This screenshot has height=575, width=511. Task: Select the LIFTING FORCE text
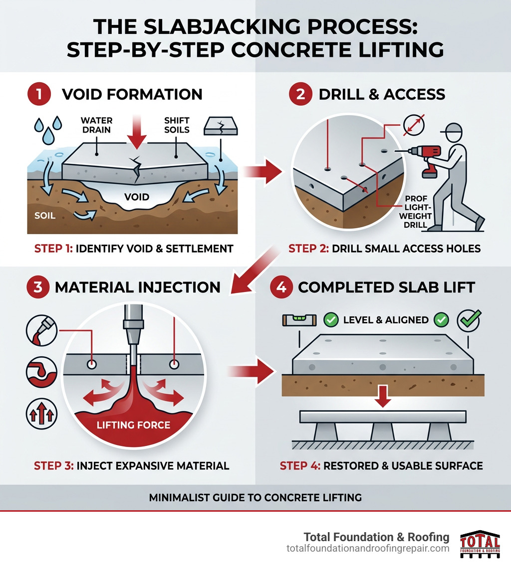pos(134,425)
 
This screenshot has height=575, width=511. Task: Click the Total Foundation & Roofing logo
pos(480,543)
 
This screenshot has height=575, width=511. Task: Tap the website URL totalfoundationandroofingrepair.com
pos(368,548)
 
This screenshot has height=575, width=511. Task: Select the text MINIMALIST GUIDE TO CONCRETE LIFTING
pos(255,497)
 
